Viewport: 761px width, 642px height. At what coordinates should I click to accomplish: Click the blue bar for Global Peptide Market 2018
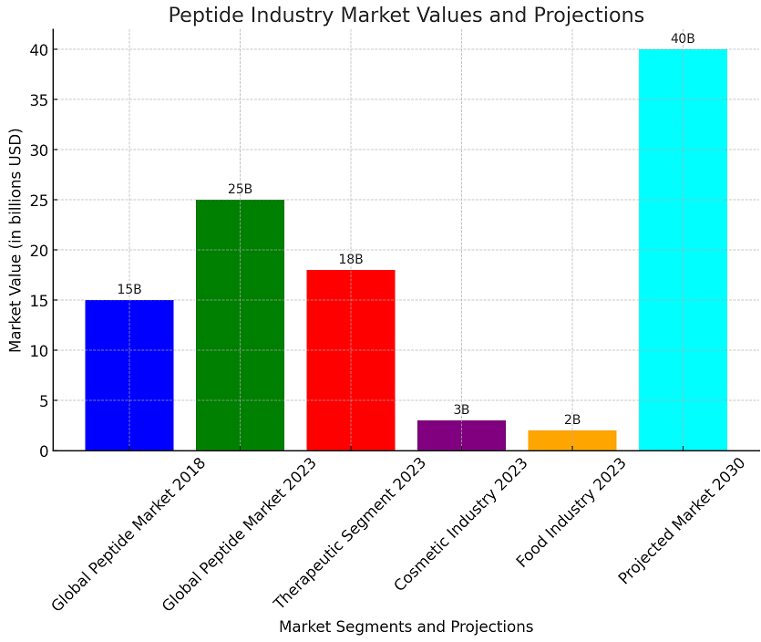(x=129, y=375)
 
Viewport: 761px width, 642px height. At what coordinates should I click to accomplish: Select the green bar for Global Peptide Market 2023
(x=240, y=325)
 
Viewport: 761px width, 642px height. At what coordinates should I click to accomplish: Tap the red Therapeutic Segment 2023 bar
(x=351, y=359)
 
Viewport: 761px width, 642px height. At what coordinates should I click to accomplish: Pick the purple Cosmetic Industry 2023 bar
(x=461, y=435)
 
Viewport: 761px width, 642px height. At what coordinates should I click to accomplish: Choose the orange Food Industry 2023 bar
(x=572, y=440)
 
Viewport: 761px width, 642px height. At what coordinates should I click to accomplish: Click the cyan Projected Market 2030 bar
(x=683, y=249)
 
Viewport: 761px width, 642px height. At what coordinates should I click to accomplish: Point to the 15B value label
(x=129, y=289)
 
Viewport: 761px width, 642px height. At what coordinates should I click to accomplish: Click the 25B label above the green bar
(x=240, y=189)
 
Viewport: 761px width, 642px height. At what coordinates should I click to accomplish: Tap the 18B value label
(x=351, y=259)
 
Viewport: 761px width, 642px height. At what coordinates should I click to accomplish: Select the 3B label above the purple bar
(x=461, y=409)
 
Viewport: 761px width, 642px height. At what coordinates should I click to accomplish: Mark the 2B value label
(x=572, y=419)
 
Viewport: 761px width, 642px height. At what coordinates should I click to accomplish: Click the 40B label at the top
(x=683, y=38)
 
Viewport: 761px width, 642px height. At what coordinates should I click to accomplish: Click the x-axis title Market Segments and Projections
(x=406, y=626)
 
